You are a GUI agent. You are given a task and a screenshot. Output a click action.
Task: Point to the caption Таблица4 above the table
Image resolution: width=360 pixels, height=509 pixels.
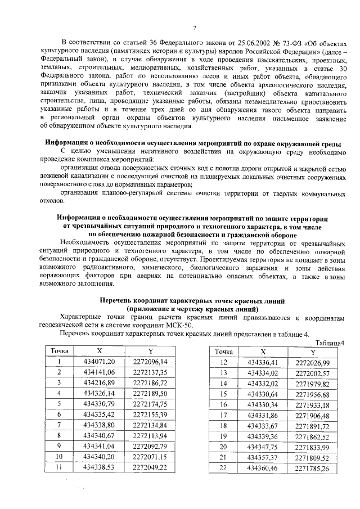pos(330,343)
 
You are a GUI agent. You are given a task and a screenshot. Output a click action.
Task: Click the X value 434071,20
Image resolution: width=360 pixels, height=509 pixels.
pos(98,361)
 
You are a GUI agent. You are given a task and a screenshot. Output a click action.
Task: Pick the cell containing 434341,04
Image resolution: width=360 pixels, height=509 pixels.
pos(98,446)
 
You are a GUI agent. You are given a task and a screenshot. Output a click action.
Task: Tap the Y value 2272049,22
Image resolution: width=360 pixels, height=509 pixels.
pos(150,467)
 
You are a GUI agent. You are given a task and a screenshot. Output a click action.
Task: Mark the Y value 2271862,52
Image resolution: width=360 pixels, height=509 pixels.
pos(313,436)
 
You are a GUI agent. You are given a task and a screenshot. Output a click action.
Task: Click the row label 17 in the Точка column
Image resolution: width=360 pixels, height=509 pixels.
pos(223,415)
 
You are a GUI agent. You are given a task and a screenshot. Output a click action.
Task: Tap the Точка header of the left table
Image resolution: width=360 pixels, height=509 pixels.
pos(59,350)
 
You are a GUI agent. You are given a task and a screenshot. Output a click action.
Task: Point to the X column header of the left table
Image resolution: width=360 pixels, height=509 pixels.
pos(98,350)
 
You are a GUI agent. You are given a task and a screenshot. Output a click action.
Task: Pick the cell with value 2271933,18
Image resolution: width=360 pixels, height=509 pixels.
pos(313,404)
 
